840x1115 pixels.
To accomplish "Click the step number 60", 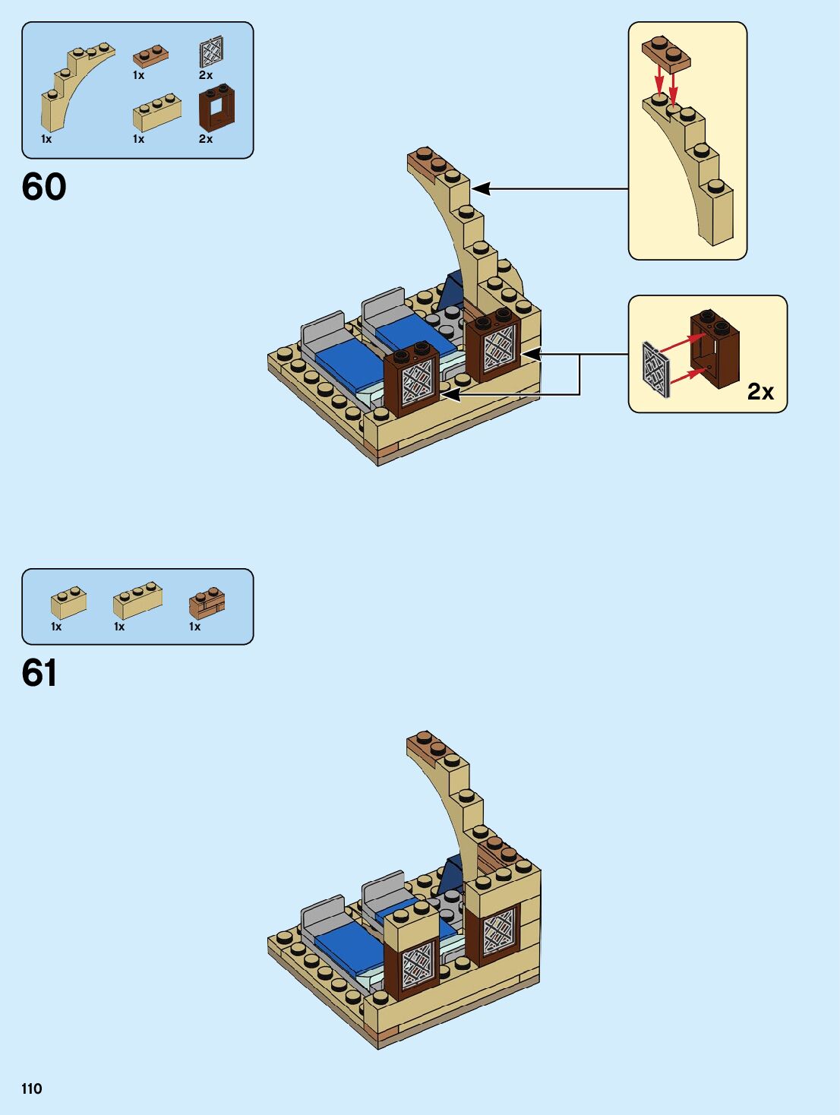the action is (x=44, y=187).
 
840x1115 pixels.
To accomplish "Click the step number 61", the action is (x=39, y=673).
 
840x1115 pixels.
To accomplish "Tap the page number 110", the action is (x=32, y=1088).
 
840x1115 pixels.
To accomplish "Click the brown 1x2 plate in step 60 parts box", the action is (x=150, y=56).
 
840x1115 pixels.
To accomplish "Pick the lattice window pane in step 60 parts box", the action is (x=210, y=52).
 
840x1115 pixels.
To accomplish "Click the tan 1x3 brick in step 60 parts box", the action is (x=156, y=113).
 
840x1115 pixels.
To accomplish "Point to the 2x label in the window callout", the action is (x=759, y=391).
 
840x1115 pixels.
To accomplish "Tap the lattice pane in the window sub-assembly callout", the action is (x=656, y=368).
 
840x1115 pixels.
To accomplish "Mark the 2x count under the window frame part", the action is (x=205, y=139).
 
